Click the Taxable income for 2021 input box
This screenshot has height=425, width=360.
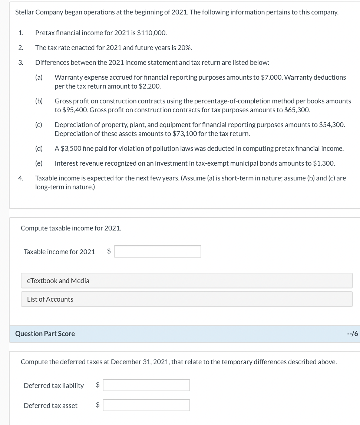click(x=158, y=252)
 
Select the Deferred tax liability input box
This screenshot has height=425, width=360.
click(x=146, y=385)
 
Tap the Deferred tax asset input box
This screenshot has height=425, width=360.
click(x=146, y=405)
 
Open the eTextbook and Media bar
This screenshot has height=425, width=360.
click(x=186, y=281)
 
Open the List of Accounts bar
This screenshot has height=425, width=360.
click(x=186, y=299)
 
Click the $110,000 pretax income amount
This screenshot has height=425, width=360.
click(x=152, y=33)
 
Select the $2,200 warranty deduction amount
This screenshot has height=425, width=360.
click(x=151, y=86)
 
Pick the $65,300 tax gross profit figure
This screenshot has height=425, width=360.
click(x=297, y=110)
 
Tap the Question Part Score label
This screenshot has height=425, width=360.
click(x=45, y=334)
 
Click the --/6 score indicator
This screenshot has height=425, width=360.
click(x=353, y=334)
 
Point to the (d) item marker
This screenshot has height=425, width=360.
click(x=39, y=149)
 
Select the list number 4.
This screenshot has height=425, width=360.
click(x=21, y=178)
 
